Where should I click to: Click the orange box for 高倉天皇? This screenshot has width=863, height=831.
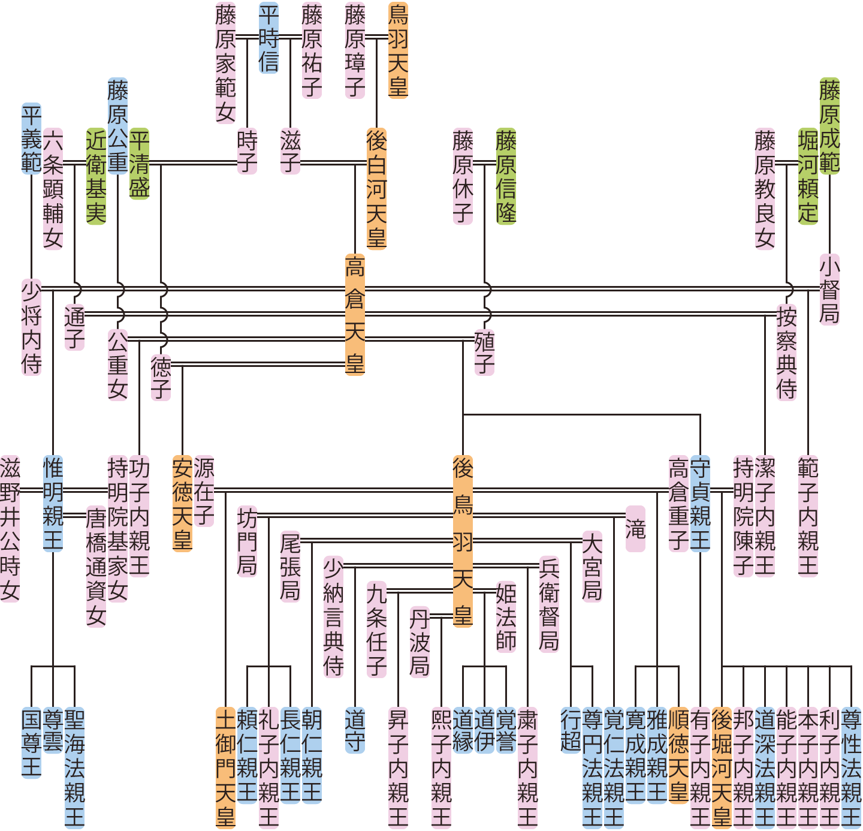pos(355,315)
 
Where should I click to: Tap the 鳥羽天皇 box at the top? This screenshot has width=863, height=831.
pos(399,50)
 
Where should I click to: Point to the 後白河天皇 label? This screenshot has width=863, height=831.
pos(377,189)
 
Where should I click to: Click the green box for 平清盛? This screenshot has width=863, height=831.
pos(140,163)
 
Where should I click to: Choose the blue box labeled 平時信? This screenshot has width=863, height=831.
pos(269,38)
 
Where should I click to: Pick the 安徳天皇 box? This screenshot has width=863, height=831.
pos(183,504)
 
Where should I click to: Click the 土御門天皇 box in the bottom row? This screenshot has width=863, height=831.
pos(226,767)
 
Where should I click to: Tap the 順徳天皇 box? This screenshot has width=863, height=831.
pos(679,755)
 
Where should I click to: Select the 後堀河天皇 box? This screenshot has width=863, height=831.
pos(722,767)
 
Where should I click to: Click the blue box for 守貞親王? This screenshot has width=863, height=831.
pos(701,504)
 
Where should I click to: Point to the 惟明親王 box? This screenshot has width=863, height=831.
pos(53,504)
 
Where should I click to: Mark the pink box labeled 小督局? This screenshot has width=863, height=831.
pos(830,290)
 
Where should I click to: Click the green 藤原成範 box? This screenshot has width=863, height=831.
pos(830,126)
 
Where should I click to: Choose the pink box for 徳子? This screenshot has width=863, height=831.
pos(161,378)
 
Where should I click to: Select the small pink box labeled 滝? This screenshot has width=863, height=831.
pos(636,529)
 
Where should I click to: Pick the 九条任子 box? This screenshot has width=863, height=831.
pos(377,630)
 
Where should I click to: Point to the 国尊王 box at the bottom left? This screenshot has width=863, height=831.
pos(32,743)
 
